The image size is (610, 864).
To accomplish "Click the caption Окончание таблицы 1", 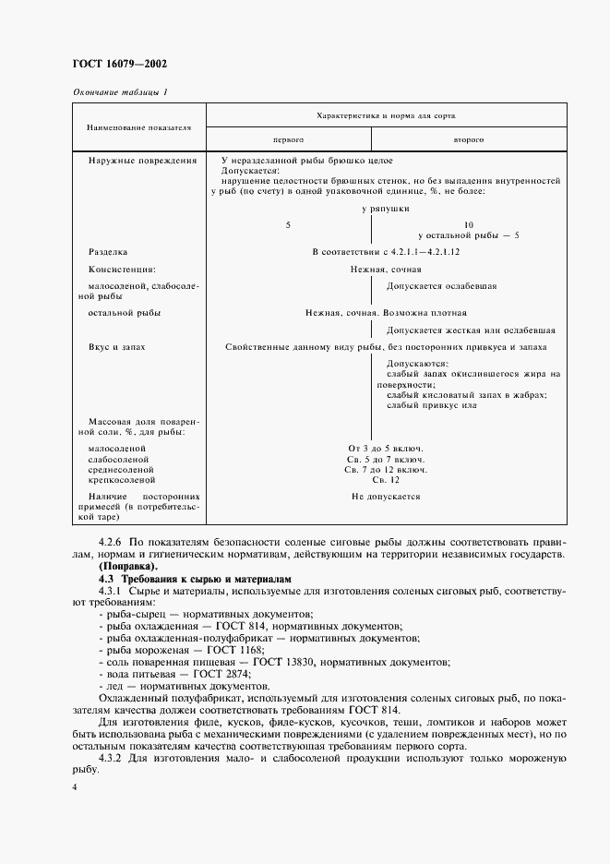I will click(119, 91).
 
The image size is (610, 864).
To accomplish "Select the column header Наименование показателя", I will click(139, 126).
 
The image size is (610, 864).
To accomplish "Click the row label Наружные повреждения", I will click(142, 161).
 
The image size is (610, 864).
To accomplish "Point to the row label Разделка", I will click(108, 251).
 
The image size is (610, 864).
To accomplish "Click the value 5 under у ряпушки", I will click(288, 224).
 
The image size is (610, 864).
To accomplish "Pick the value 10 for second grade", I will click(468, 224).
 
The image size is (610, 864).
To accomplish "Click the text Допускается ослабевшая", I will click(441, 286).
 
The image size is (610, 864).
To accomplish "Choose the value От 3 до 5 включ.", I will click(385, 448).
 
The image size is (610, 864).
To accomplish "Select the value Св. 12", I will click(385, 480).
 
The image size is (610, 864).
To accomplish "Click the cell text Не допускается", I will click(385, 497).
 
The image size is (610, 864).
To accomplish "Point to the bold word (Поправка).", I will click(128, 565).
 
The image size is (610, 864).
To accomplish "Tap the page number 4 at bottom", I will click(74, 786).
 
